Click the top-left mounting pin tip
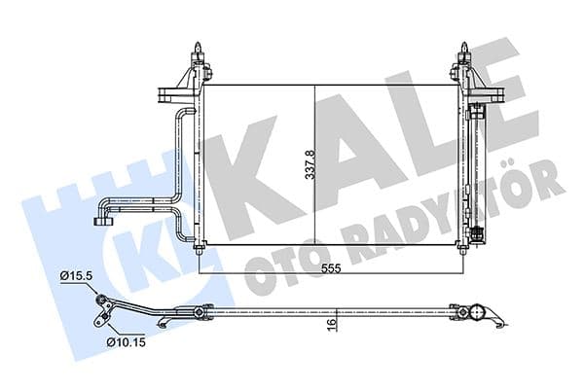198,45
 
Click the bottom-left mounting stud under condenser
200,251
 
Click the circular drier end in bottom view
478,312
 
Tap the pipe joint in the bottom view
201,312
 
